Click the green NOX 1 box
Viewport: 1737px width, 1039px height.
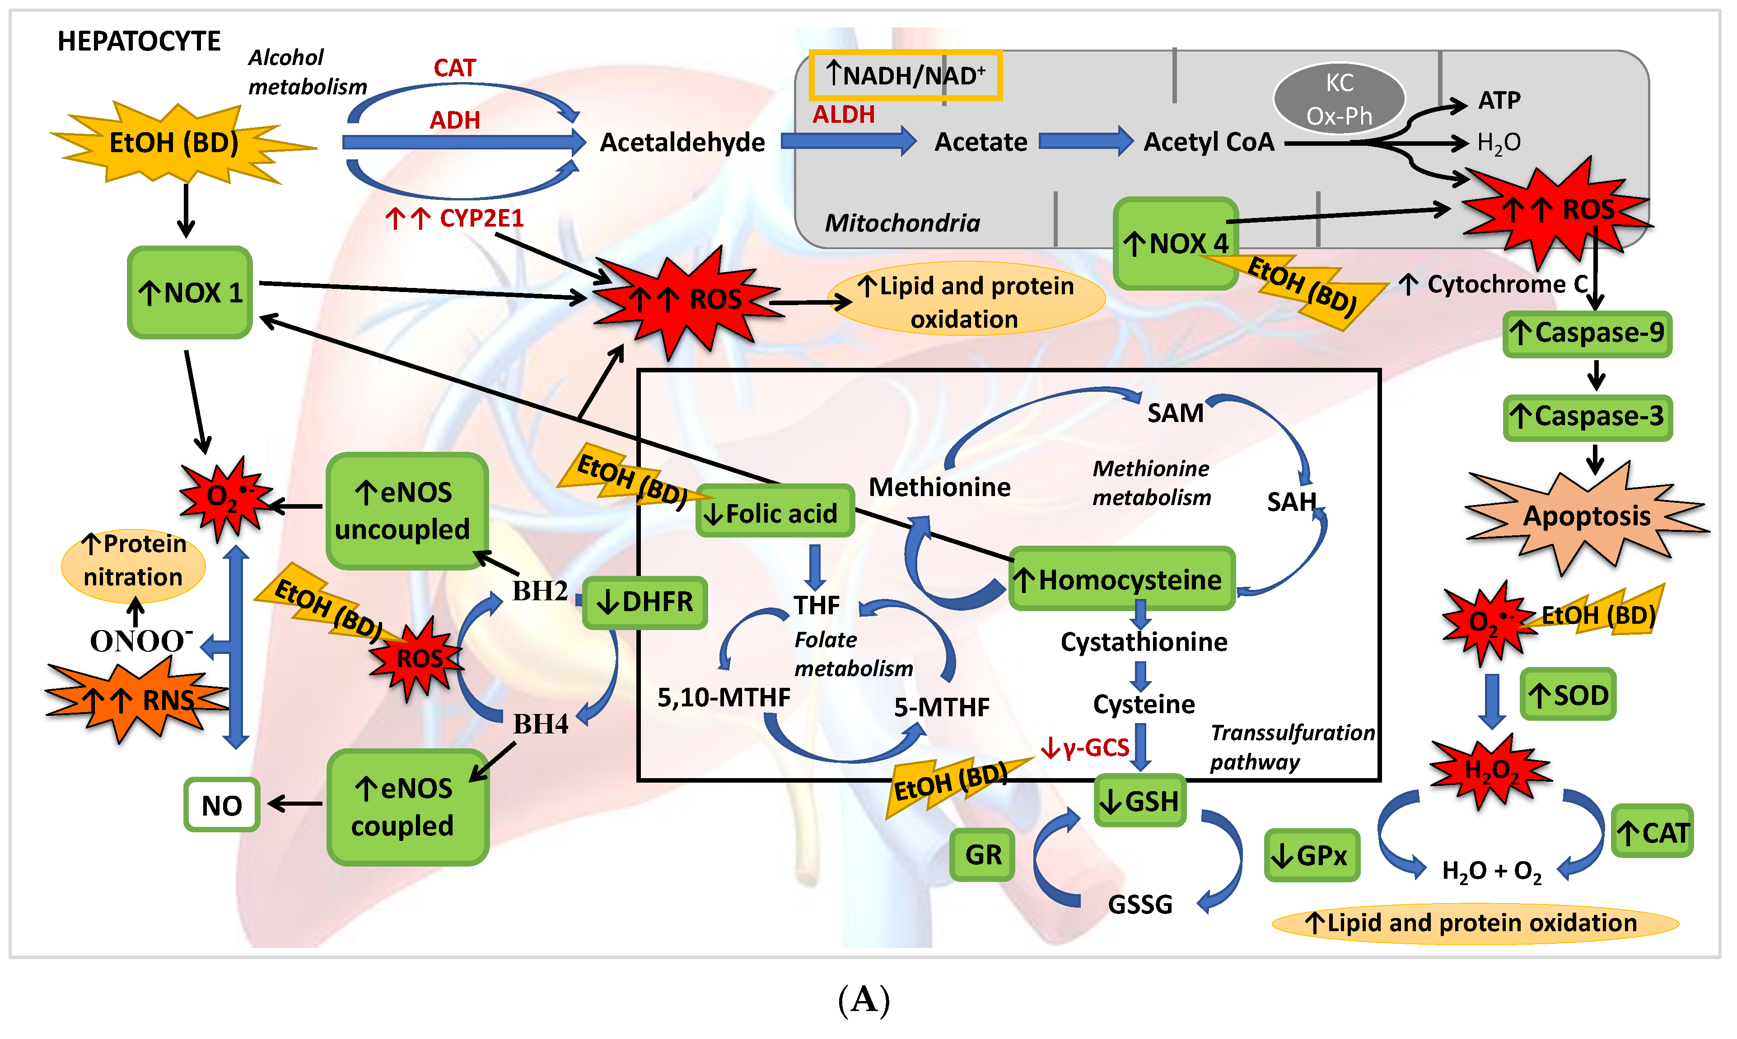[x=190, y=292]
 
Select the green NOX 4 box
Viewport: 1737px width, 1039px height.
[x=1175, y=243]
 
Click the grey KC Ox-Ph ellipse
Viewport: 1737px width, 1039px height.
[x=1339, y=99]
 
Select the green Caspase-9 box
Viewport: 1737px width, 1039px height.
[x=1587, y=333]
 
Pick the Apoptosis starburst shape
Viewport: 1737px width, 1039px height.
[x=1587, y=517]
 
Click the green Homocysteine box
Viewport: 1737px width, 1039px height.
[x=1121, y=579]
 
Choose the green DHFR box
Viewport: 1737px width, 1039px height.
[x=645, y=602]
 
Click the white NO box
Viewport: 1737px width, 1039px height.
[x=221, y=805]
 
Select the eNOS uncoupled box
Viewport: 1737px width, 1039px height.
[x=406, y=511]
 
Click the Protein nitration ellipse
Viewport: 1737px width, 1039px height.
[x=133, y=561]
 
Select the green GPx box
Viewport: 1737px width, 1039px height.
[x=1311, y=855]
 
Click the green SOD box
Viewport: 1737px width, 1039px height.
[x=1568, y=695]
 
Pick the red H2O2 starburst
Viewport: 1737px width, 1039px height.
[x=1490, y=771]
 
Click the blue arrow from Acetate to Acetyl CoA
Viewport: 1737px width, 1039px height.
[x=1084, y=142]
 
